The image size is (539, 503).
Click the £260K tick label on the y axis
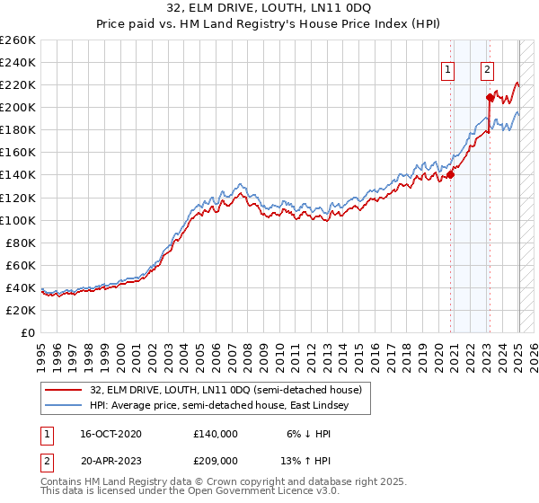point(17,40)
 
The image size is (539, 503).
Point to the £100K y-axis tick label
point(17,220)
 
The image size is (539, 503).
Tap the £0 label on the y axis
point(28,332)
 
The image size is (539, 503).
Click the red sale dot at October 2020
point(451,175)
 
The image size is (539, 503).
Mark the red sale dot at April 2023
point(490,97)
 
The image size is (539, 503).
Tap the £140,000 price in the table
point(216,434)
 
